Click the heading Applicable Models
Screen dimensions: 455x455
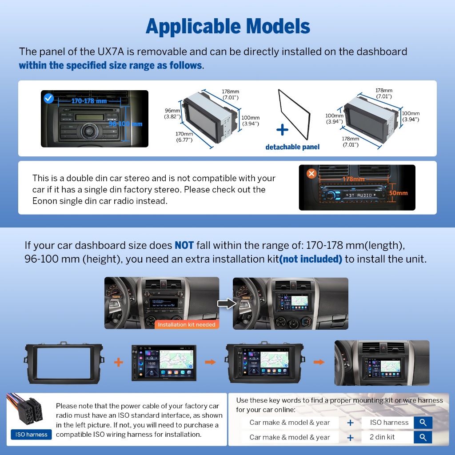coord(227,27)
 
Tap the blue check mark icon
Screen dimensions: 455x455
coord(48,98)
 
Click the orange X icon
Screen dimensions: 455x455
coord(311,173)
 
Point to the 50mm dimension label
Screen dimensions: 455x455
coord(398,193)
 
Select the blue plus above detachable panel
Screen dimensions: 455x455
coord(282,130)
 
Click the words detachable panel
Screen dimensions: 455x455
coord(292,147)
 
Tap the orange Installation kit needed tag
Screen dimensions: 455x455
coord(186,324)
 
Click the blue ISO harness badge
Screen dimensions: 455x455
coord(31,435)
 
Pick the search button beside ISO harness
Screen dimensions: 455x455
coord(423,423)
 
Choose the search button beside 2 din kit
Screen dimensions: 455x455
coord(423,437)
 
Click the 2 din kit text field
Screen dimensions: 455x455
coord(387,437)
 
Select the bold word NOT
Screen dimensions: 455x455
coord(184,245)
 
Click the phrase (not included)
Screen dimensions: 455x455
coord(311,259)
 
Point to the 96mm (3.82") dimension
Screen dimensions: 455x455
coord(172,114)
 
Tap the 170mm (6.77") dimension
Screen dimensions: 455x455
coord(184,137)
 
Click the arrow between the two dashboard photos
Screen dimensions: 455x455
coord(225,303)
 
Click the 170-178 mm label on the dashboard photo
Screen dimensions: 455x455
coord(89,101)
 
